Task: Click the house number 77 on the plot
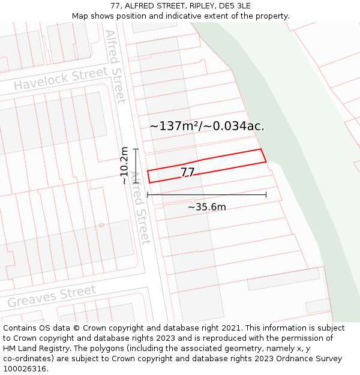pyautogui.click(x=187, y=172)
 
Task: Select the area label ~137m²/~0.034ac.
pyautogui.click(x=207, y=126)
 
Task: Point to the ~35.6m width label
pyautogui.click(x=207, y=207)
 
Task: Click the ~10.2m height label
pyautogui.click(x=124, y=165)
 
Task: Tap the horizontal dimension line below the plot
pyautogui.click(x=207, y=195)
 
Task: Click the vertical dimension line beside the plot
pyautogui.click(x=136, y=166)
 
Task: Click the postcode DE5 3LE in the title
pyautogui.click(x=235, y=6)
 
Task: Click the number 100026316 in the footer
pyautogui.click(x=25, y=368)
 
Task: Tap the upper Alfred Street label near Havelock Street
pyautogui.click(x=115, y=66)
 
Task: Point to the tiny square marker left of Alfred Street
pyautogui.click(x=101, y=225)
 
